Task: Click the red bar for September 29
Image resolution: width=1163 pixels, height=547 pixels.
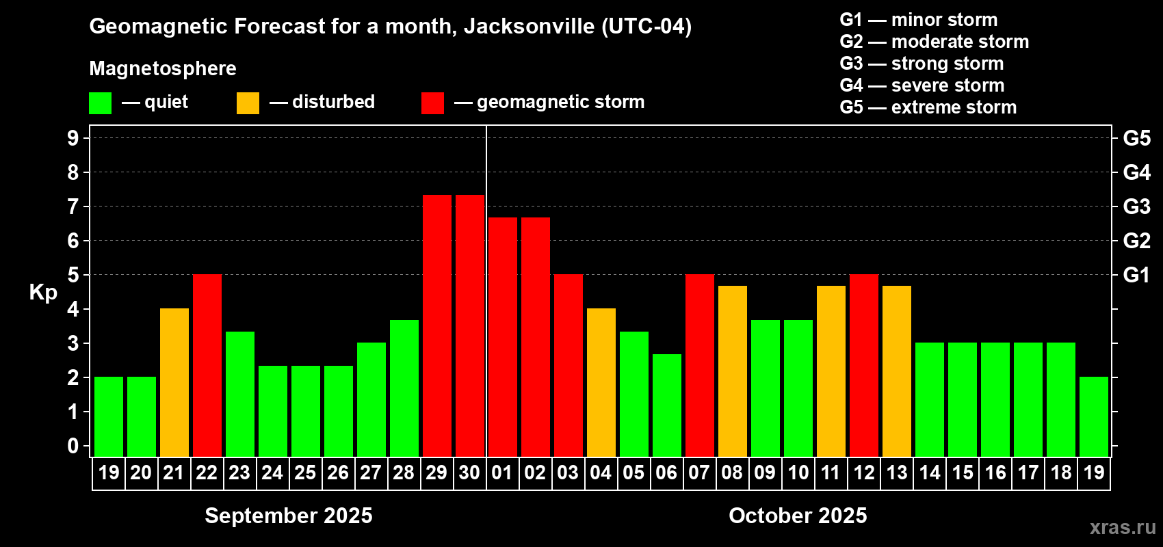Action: coord(436,325)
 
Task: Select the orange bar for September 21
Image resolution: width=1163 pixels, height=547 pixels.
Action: coord(174,382)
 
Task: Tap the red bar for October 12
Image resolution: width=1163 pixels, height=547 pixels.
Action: coord(863,365)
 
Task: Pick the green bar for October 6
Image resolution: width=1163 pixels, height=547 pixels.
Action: coord(666,405)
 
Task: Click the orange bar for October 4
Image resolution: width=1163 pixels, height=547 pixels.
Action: coord(601,382)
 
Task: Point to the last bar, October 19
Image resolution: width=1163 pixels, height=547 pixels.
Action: coord(1093,416)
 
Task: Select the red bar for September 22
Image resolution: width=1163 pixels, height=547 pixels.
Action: coord(207,365)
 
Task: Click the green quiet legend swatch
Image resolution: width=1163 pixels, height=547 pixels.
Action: coord(100,103)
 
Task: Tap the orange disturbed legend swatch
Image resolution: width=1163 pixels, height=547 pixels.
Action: coord(248,103)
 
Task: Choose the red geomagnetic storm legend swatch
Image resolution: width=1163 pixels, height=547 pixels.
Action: coord(432,103)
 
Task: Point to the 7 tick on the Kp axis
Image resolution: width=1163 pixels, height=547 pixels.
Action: coord(73,206)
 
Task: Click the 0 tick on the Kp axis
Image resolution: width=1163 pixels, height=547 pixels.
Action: coord(73,446)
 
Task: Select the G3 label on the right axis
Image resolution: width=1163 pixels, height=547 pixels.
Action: coord(1136,206)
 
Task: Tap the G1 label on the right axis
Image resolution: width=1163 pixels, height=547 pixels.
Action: coord(1136,275)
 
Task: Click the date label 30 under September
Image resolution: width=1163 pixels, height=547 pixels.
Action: coord(469,472)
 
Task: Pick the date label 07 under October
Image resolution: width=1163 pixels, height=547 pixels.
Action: coord(699,472)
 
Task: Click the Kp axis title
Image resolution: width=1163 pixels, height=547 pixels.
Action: coord(43,292)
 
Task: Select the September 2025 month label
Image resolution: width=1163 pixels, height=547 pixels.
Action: coord(289,515)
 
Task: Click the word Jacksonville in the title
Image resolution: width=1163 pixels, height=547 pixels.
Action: coord(529,26)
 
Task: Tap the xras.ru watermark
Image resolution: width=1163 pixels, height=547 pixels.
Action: coord(1123,526)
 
